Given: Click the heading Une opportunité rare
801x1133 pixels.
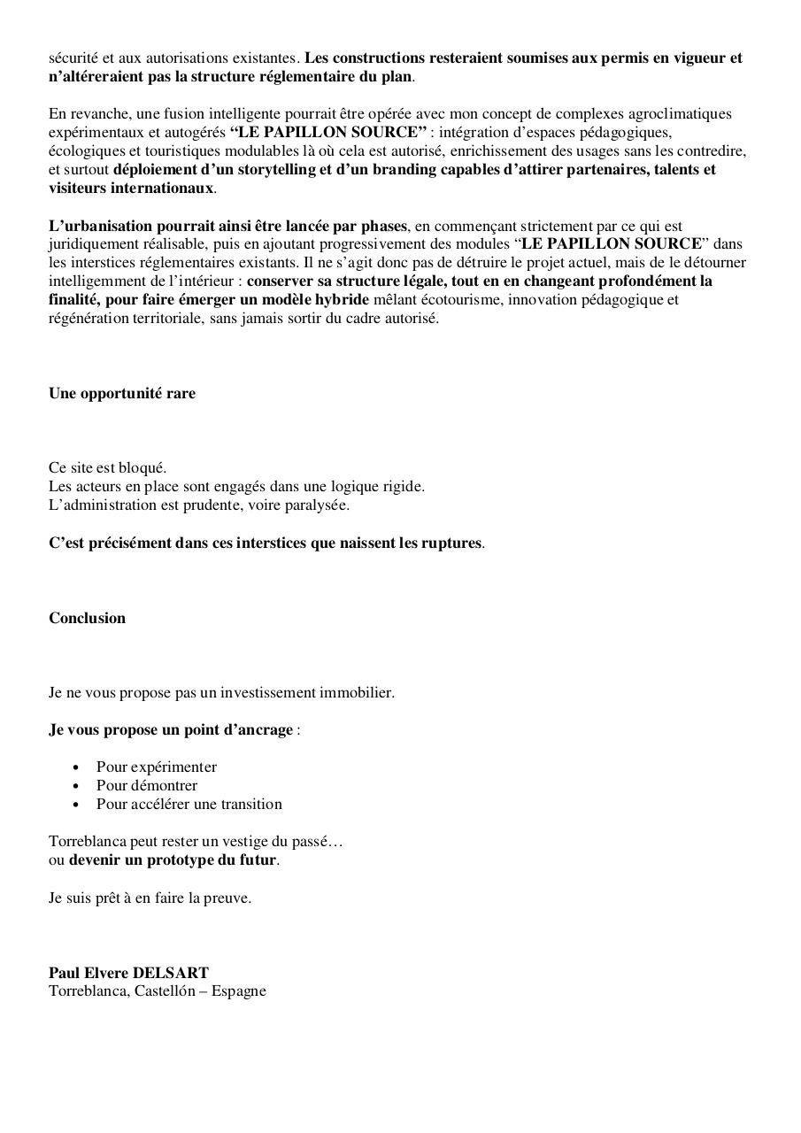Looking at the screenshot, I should (122, 393).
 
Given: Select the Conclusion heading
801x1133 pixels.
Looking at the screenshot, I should (87, 618).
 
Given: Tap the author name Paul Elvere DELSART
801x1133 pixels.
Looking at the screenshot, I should (128, 972).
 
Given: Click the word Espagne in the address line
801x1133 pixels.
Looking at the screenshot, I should (238, 990).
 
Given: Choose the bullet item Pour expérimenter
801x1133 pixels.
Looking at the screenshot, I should (156, 767).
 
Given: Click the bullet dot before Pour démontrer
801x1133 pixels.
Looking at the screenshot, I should (76, 786).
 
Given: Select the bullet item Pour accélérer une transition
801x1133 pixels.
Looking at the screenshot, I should (189, 804).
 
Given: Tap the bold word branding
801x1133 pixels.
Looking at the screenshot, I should (389, 169).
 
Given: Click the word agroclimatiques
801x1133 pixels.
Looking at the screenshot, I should (680, 114).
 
